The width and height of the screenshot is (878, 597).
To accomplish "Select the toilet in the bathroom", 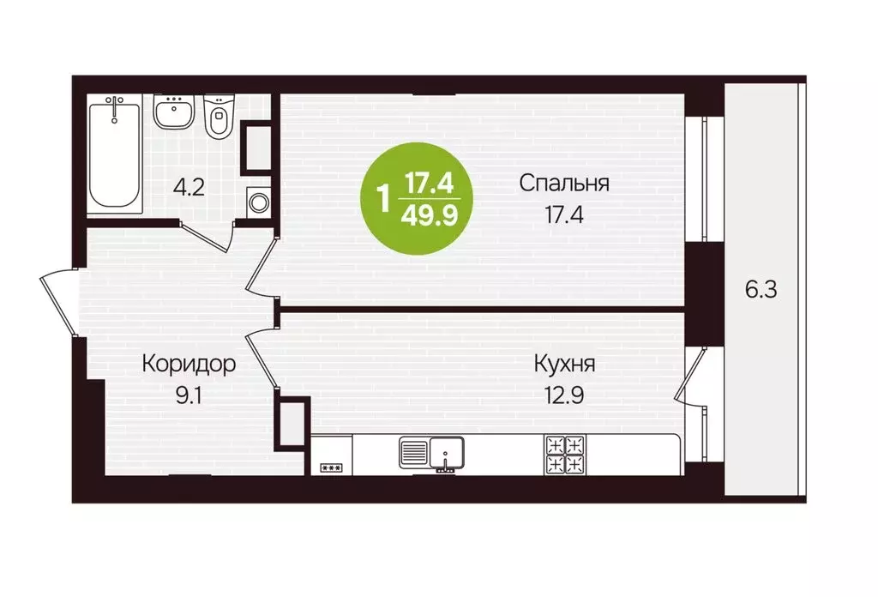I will tap(219, 118).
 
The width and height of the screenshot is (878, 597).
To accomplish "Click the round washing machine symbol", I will tap(257, 202).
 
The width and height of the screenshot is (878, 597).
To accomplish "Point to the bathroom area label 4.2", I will tap(189, 188).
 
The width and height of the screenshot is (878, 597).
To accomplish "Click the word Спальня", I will tap(564, 184).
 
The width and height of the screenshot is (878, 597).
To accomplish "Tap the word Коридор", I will tap(189, 365).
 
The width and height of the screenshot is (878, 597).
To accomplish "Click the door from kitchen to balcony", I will tap(689, 377).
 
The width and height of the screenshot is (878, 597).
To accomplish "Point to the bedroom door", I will tap(261, 266).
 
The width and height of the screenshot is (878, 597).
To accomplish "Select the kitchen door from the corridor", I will tap(261, 359).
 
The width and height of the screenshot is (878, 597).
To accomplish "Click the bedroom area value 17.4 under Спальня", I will tap(564, 214).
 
